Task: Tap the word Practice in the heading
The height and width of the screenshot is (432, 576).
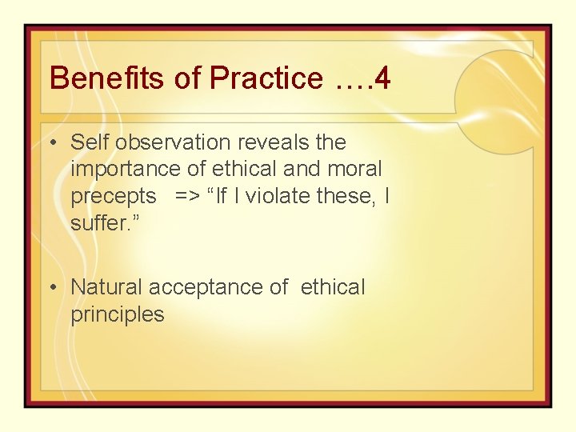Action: point(266,78)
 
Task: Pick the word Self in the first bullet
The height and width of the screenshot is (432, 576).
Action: point(88,142)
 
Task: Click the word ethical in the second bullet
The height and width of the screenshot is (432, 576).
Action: point(333,286)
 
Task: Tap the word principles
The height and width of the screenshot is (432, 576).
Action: point(118,314)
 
